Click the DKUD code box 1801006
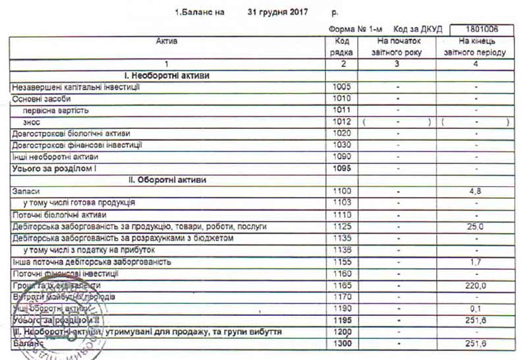(x=482, y=30)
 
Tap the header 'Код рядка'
(x=343, y=47)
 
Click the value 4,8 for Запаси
(x=475, y=192)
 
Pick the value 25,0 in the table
(x=475, y=227)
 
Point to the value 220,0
(x=475, y=286)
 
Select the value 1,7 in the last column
(x=475, y=262)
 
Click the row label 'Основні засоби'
(x=39, y=99)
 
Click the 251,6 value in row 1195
(x=475, y=321)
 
